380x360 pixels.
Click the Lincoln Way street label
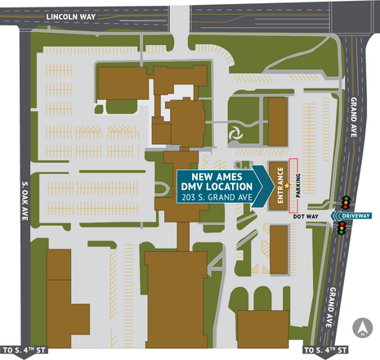click(72, 16)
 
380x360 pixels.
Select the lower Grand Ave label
click(332, 305)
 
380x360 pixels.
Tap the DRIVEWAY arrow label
click(356, 215)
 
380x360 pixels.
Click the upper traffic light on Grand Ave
click(346, 200)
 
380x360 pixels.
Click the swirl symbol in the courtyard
click(236, 131)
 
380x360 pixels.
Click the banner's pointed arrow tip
click(273, 187)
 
